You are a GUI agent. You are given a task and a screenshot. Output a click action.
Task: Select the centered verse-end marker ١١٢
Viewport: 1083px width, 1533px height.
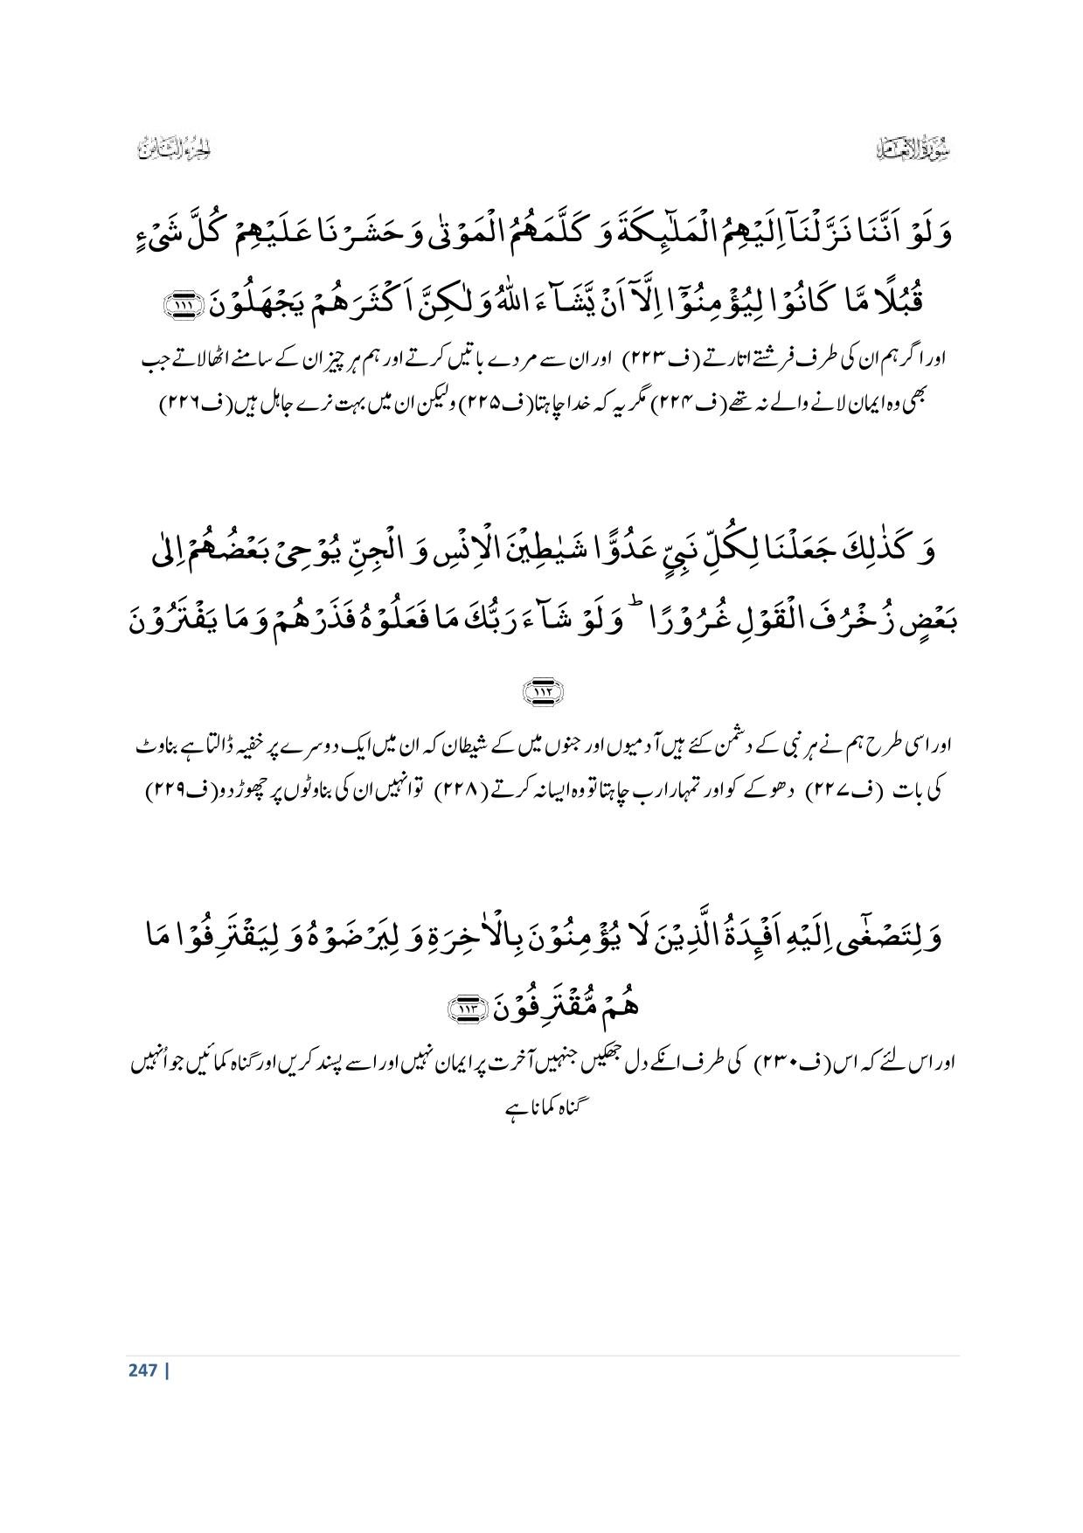coord(542,692)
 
